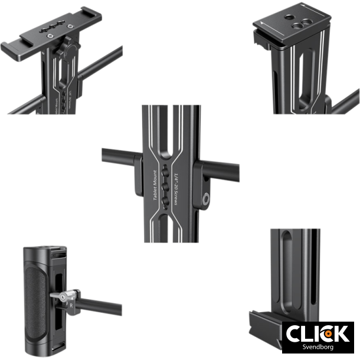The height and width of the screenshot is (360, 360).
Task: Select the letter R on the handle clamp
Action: [x=71, y=307]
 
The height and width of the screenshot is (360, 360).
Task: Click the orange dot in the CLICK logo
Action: [x=326, y=334]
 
